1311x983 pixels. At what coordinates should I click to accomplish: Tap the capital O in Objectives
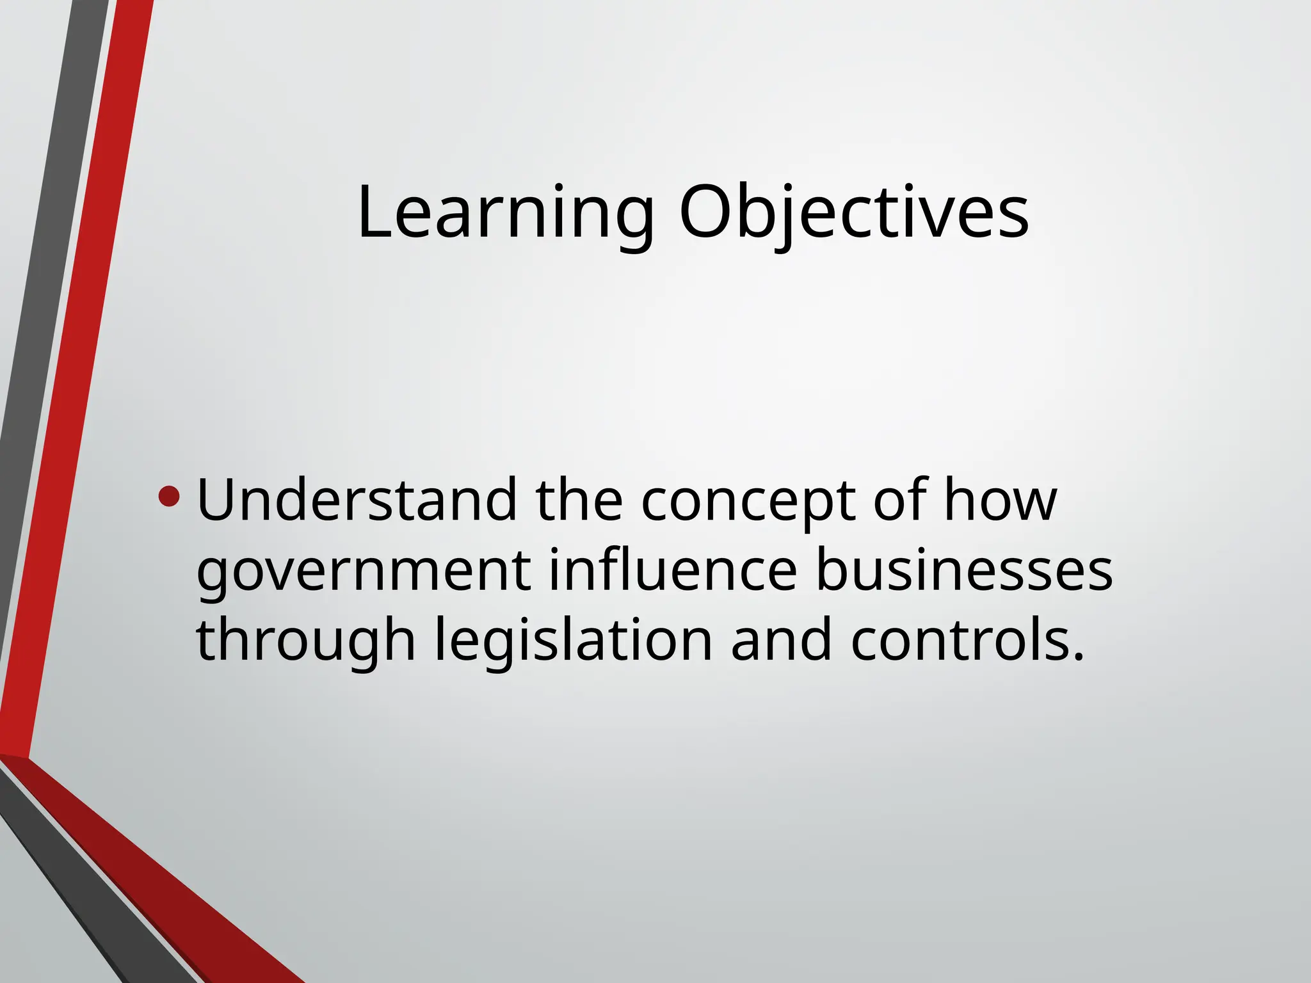click(x=705, y=213)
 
